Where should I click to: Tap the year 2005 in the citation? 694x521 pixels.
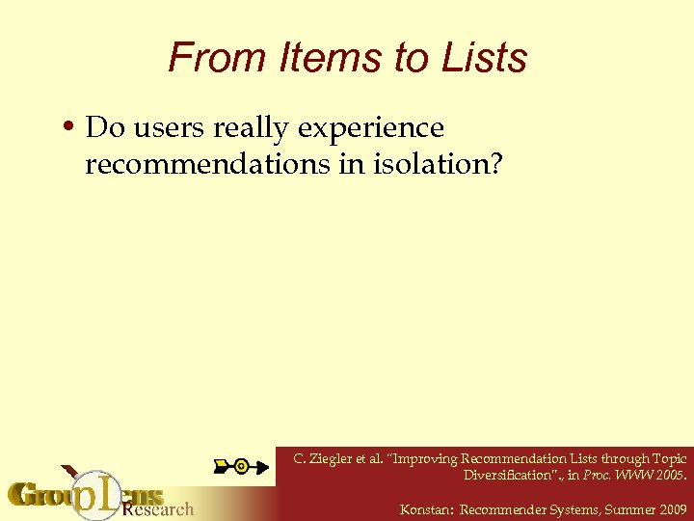666,475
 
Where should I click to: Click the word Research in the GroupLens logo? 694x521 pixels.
158,507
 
